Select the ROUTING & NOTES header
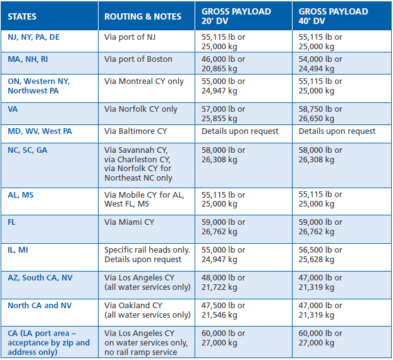[x=143, y=16]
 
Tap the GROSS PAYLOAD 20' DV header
[x=237, y=16]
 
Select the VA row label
[x=13, y=109]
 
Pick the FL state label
[x=12, y=222]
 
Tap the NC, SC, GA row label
[x=27, y=150]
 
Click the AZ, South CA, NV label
[x=40, y=277]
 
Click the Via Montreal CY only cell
[x=144, y=81]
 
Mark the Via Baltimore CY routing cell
[x=135, y=131]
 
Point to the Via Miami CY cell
[x=129, y=222]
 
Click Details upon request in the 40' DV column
[x=337, y=131]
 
